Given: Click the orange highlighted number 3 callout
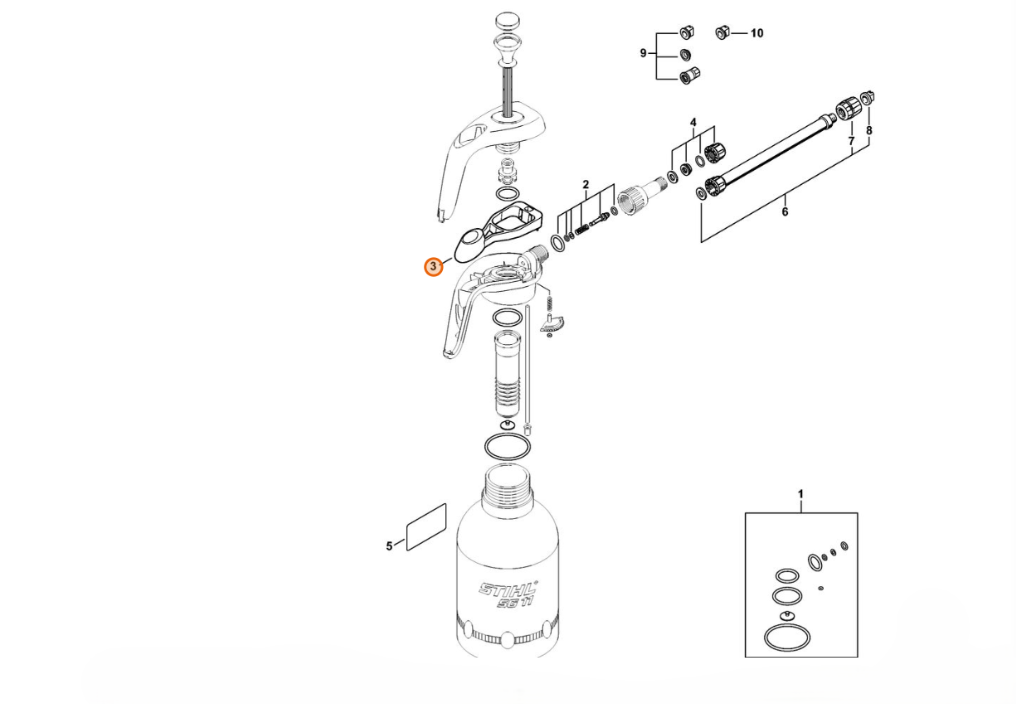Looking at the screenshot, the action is tap(433, 267).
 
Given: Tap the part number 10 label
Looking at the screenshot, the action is tap(756, 33).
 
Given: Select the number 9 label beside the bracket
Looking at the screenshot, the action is tap(643, 53).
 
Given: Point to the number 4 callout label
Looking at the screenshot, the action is tap(693, 123).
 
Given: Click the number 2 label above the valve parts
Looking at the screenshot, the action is tap(586, 185).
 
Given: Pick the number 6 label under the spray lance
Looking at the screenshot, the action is tap(785, 211).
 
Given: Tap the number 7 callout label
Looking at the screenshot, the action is tap(851, 141).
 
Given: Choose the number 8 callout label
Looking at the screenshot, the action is tap(869, 131).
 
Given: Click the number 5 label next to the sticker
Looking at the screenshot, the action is tap(389, 546).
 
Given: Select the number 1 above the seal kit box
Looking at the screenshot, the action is tap(800, 494).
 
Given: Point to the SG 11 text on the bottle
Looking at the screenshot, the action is tap(514, 603).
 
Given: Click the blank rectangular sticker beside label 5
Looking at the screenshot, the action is tap(426, 527).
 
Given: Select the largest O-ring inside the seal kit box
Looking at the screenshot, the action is tap(787, 638).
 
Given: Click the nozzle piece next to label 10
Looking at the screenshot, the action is tap(722, 32).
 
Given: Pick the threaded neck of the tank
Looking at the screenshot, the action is tap(508, 483).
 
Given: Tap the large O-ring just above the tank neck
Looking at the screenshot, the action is tap(508, 447).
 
